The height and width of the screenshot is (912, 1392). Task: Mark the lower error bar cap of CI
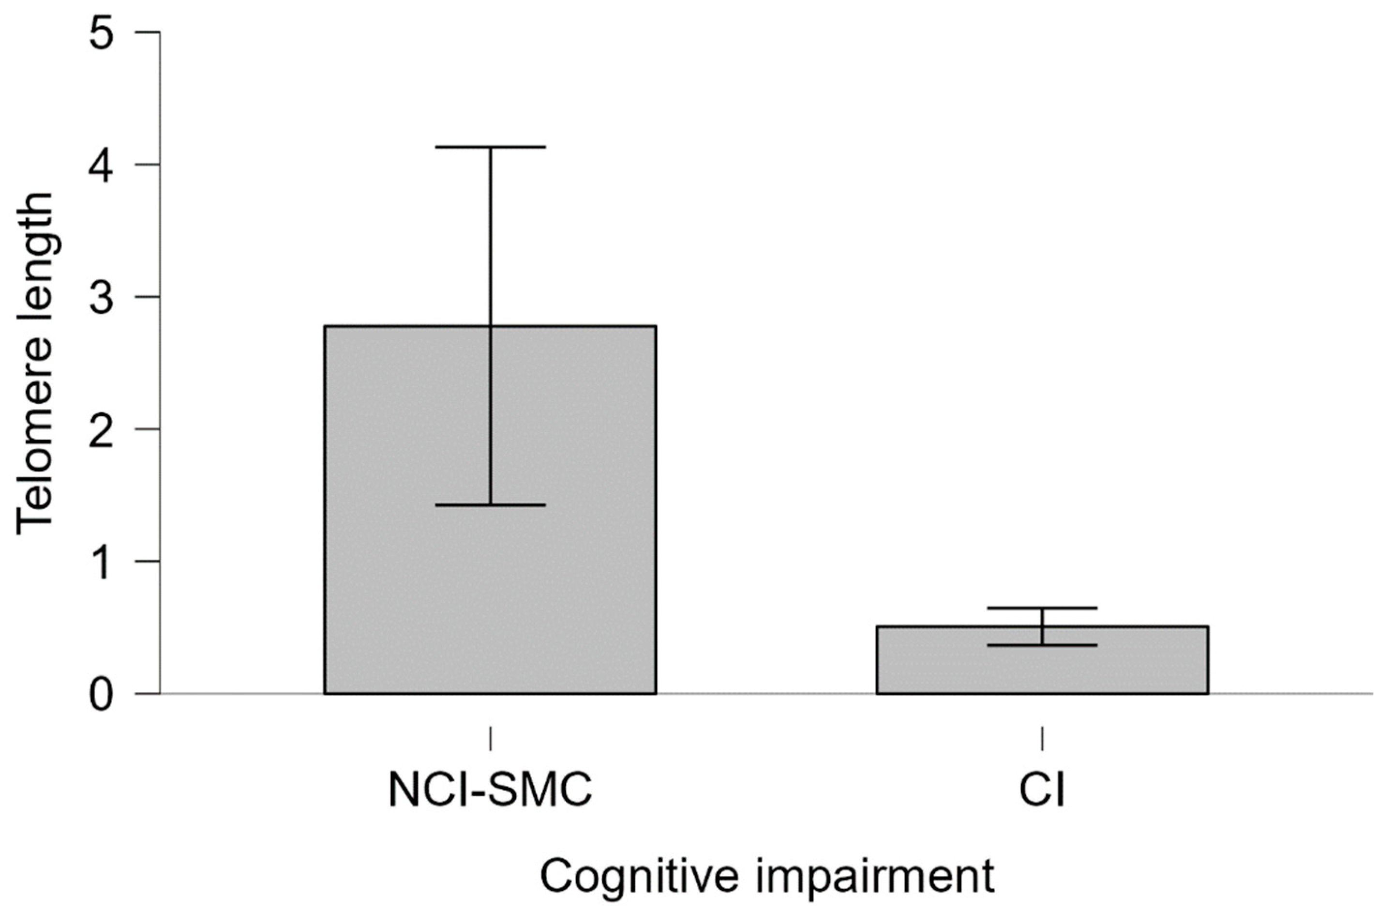tap(1042, 645)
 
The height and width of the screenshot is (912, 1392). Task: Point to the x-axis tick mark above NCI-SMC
tap(490, 738)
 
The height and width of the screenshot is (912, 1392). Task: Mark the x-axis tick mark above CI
tap(1042, 738)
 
